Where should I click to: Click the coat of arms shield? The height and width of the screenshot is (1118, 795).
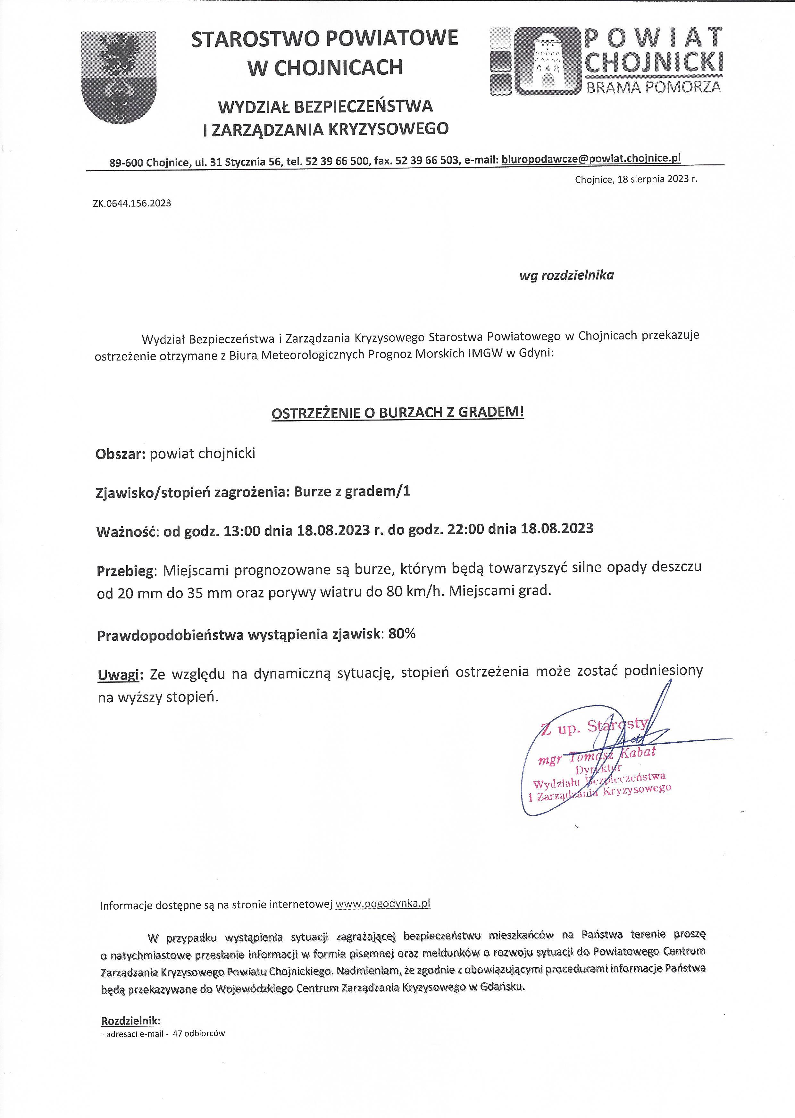pyautogui.click(x=119, y=77)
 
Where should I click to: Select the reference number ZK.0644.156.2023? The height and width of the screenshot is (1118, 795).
pyautogui.click(x=132, y=203)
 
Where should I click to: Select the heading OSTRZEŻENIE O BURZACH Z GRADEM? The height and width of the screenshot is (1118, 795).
pyautogui.click(x=397, y=412)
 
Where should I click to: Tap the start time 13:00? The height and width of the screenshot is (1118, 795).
pyautogui.click(x=241, y=530)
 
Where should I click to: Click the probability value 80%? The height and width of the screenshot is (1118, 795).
pyautogui.click(x=402, y=634)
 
